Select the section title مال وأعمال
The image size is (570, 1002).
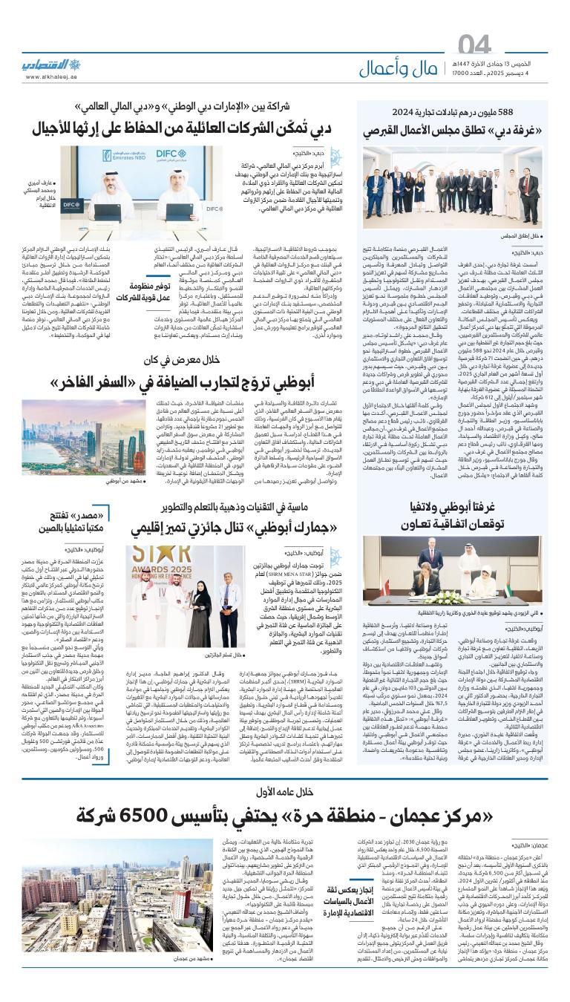tap(404, 69)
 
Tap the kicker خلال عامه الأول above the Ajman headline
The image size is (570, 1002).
tap(286, 791)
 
